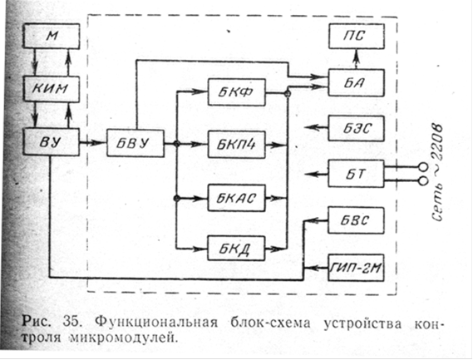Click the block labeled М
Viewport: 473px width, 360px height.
tap(52, 37)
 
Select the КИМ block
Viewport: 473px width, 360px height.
tap(52, 89)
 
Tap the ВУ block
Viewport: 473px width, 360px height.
tap(52, 141)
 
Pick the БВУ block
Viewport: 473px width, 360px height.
tap(135, 143)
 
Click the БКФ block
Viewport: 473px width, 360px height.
tap(237, 92)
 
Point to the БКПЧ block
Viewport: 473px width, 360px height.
tap(237, 145)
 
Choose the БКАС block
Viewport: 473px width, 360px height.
tap(237, 198)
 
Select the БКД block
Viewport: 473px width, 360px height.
tap(236, 249)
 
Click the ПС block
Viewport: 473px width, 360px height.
tap(357, 37)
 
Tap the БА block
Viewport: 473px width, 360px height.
tap(357, 83)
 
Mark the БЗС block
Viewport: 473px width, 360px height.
tap(357, 128)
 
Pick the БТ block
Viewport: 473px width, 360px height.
tap(357, 174)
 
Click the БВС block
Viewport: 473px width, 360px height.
tap(356, 220)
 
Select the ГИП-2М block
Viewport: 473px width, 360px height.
tap(356, 268)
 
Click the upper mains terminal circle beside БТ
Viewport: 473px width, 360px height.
tap(423, 166)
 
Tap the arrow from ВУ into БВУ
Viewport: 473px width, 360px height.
tap(93, 142)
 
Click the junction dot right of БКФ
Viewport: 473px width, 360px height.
tap(288, 94)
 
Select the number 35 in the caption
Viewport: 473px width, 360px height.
tap(72, 323)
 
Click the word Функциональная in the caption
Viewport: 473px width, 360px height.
tap(156, 323)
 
